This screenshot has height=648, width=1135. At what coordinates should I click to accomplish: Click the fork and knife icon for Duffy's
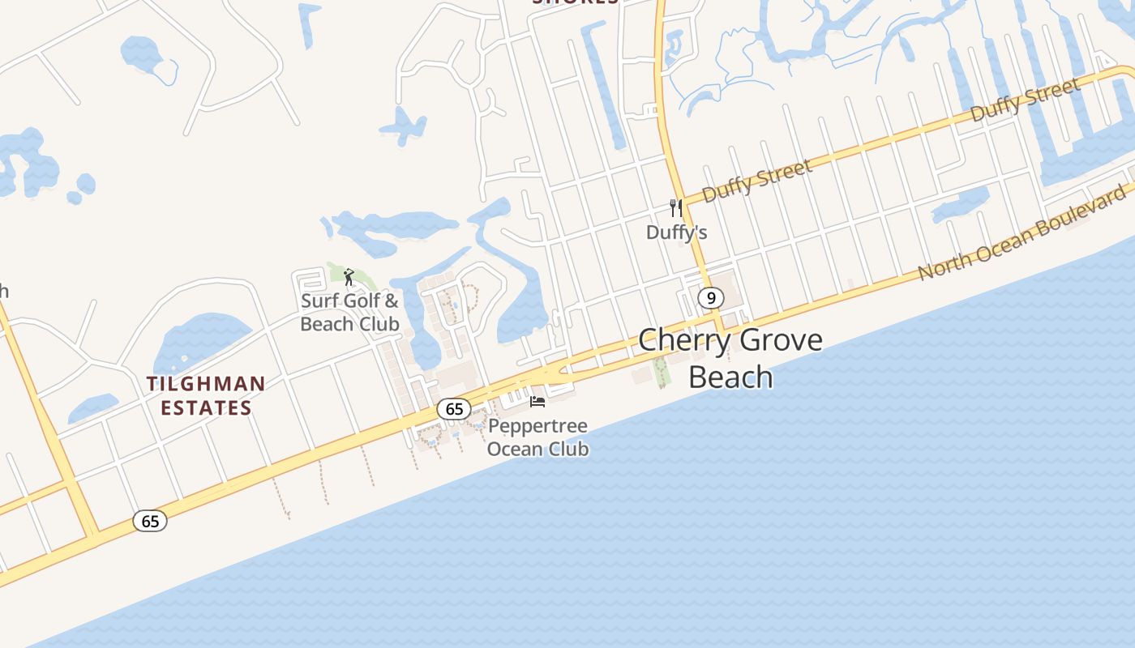pyautogui.click(x=676, y=208)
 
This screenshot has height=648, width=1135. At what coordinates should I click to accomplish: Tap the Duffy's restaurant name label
pyautogui.click(x=676, y=232)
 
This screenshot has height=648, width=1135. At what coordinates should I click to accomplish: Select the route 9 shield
pyautogui.click(x=710, y=298)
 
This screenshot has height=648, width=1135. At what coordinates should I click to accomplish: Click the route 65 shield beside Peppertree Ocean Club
pyautogui.click(x=454, y=409)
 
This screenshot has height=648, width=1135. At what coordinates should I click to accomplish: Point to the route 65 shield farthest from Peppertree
pyautogui.click(x=150, y=521)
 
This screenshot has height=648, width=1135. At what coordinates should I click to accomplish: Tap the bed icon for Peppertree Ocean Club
pyautogui.click(x=537, y=401)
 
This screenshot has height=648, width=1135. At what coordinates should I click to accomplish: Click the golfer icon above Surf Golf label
pyautogui.click(x=349, y=277)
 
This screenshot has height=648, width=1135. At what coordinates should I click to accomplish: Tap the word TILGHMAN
pyautogui.click(x=206, y=384)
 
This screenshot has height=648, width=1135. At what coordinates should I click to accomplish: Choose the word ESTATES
pyautogui.click(x=206, y=407)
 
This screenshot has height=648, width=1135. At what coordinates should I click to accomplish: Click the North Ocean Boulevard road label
pyautogui.click(x=1021, y=232)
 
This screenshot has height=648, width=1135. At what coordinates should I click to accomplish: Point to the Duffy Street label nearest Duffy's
pyautogui.click(x=756, y=181)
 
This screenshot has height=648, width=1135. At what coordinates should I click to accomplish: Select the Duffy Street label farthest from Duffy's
pyautogui.click(x=1025, y=100)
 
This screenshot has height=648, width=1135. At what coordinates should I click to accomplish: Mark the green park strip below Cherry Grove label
pyautogui.click(x=662, y=371)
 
